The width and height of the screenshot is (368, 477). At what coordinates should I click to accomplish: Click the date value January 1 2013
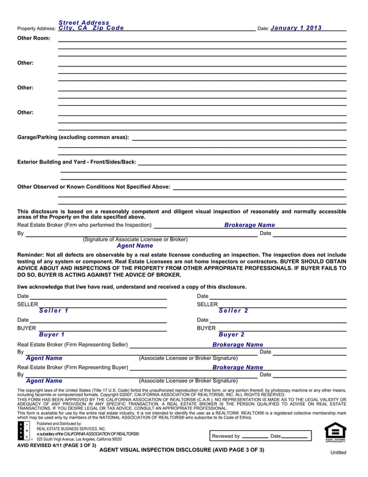(296, 28)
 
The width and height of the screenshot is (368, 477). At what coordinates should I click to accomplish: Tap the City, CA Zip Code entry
(91, 28)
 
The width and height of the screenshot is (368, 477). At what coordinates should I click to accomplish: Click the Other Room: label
(34, 38)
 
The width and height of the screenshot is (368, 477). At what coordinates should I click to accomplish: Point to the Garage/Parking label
(73, 137)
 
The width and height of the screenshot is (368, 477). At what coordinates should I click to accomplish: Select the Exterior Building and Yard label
(77, 162)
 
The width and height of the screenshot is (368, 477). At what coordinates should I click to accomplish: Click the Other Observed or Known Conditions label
(93, 187)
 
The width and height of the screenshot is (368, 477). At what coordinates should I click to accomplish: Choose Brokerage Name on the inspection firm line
(249, 225)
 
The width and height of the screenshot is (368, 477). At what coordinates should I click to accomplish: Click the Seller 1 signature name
(54, 311)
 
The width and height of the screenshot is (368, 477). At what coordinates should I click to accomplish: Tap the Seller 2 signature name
(233, 311)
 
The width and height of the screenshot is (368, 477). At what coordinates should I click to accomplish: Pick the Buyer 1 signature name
(51, 334)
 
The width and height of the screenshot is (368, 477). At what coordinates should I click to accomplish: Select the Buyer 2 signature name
(231, 334)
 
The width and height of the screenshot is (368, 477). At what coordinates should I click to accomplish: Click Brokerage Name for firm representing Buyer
(237, 367)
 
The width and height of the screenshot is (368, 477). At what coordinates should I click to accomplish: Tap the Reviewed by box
(261, 436)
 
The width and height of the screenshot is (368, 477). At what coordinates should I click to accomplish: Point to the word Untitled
(338, 453)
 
